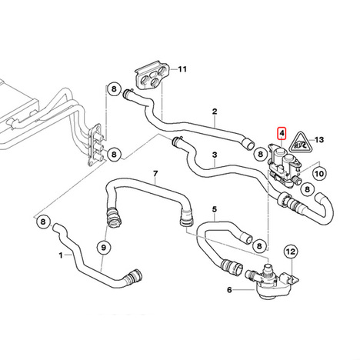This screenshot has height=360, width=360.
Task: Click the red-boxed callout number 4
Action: [282, 133]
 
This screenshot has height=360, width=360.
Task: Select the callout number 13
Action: [319, 140]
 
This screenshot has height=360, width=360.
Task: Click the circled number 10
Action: [319, 174]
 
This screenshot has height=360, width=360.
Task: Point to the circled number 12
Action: [291, 252]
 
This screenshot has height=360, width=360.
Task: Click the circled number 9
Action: [104, 248]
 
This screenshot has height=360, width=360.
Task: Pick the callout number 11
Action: [182, 69]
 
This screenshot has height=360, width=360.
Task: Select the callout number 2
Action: [215, 112]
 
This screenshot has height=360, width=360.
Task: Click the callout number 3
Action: [215, 155]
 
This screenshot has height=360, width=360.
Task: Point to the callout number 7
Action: [155, 174]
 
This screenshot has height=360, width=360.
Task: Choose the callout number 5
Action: [215, 209]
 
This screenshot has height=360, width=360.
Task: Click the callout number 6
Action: [229, 290]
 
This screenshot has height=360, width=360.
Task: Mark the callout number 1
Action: [61, 255]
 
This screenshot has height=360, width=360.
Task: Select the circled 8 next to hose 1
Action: [43, 222]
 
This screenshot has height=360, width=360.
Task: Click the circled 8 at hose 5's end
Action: [259, 246]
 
